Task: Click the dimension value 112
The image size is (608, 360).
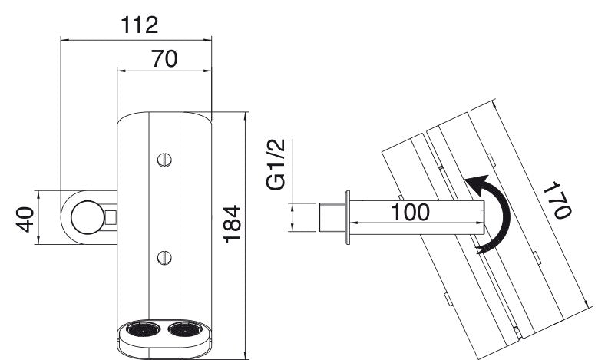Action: pyautogui.click(x=140, y=25)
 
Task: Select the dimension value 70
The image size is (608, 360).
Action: pyautogui.click(x=164, y=58)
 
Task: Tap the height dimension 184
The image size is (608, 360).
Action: pyautogui.click(x=232, y=223)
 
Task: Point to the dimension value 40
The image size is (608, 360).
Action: pyautogui.click(x=25, y=220)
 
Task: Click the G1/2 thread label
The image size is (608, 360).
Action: pyautogui.click(x=276, y=164)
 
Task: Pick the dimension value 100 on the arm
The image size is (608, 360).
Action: pyautogui.click(x=410, y=212)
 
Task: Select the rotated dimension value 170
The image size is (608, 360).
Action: pyautogui.click(x=557, y=200)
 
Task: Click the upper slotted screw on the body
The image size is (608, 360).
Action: pyautogui.click(x=165, y=160)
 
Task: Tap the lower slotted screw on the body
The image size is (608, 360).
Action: pyautogui.click(x=165, y=257)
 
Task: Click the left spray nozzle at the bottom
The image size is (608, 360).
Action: pyautogui.click(x=143, y=329)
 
